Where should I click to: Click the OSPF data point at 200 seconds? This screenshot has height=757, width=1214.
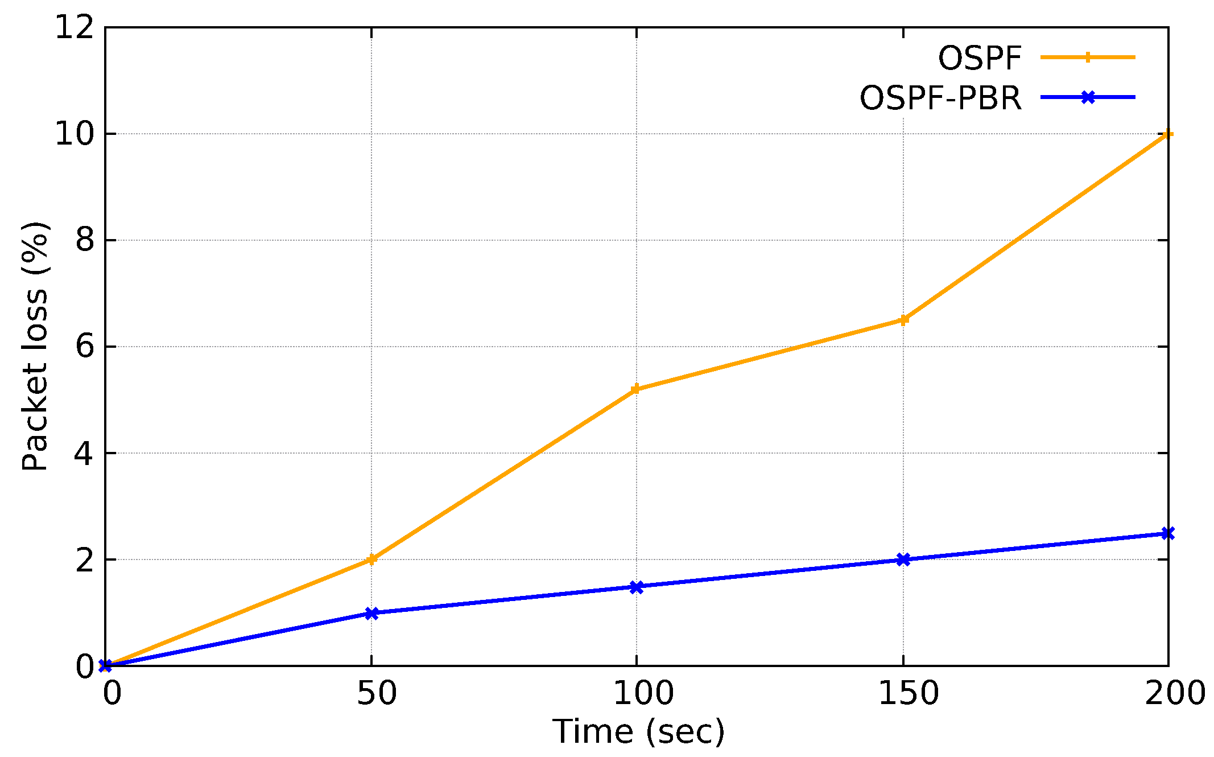pos(1167,134)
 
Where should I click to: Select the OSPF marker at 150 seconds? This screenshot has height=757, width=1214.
pos(903,320)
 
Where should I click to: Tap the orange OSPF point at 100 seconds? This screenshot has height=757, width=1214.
pos(636,389)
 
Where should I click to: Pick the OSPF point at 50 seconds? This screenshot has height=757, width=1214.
pos(371,559)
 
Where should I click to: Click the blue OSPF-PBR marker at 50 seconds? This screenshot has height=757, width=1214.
pos(371,613)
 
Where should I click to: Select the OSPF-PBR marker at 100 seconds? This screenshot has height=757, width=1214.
pos(636,587)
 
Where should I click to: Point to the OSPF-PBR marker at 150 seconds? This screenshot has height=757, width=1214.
pos(903,559)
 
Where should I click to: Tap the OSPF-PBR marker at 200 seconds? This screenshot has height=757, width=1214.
pos(1167,533)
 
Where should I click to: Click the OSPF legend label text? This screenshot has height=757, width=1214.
pos(980,58)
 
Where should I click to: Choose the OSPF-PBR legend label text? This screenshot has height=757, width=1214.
pos(940,98)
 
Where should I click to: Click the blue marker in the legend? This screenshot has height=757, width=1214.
pos(1088,97)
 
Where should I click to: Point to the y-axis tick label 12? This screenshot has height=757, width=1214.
pos(74,27)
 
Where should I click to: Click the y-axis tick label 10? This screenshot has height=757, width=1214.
pos(74,134)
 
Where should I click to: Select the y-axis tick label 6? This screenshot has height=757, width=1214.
pos(84,347)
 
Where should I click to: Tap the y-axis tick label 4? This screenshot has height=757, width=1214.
pos(84,454)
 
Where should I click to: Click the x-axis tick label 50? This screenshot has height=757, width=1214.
pos(376,694)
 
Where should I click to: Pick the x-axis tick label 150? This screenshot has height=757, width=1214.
pos(909,694)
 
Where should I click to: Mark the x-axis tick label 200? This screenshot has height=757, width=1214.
pos(1174,694)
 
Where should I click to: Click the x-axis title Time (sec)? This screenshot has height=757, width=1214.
pos(638,731)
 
